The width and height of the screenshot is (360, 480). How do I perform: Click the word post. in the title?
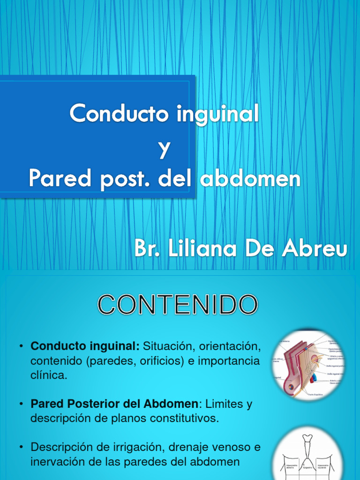coord(124,179)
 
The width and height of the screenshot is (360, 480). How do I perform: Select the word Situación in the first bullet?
coord(167,347)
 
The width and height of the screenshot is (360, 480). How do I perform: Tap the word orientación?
coord(229,347)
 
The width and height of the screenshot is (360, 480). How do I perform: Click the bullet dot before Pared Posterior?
coord(22,404)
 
